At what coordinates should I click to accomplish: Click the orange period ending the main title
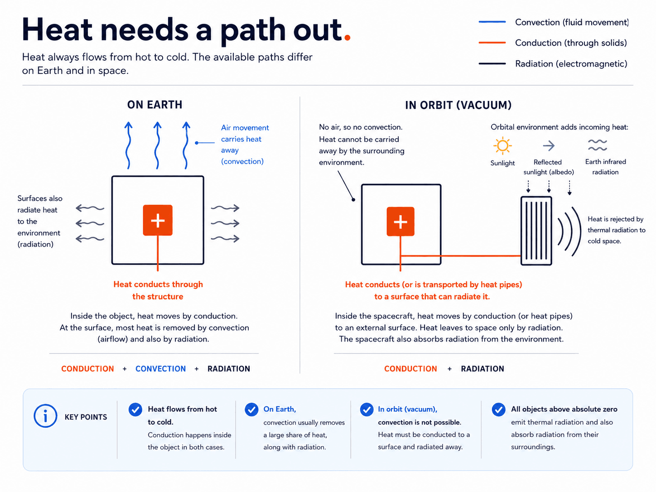pyautogui.click(x=347, y=37)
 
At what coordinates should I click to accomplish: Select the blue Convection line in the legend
pyautogui.click(x=492, y=22)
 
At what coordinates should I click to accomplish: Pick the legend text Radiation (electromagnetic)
pyautogui.click(x=571, y=63)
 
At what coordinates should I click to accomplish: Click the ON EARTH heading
pyautogui.click(x=154, y=105)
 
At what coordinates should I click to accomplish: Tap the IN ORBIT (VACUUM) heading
pyautogui.click(x=458, y=105)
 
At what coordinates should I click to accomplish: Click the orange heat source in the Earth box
pyautogui.click(x=158, y=220)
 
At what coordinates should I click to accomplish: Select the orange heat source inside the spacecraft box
pyautogui.click(x=400, y=222)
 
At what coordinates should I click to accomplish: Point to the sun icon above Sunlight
pyautogui.click(x=502, y=146)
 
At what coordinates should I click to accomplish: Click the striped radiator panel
pyautogui.click(x=536, y=231)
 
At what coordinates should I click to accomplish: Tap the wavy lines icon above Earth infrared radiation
pyautogui.click(x=598, y=145)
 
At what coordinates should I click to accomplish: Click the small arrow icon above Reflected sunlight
pyautogui.click(x=549, y=146)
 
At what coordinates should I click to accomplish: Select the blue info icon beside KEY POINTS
pyautogui.click(x=45, y=416)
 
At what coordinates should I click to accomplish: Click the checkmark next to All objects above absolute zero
pyautogui.click(x=498, y=410)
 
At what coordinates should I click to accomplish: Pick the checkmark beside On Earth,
pyautogui.click(x=251, y=410)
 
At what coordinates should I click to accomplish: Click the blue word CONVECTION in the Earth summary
pyautogui.click(x=160, y=369)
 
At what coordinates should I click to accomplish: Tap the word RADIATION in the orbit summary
pyautogui.click(x=482, y=369)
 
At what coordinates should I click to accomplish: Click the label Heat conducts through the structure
pyautogui.click(x=158, y=290)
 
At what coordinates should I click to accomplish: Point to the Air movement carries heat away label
pyautogui.click(x=245, y=145)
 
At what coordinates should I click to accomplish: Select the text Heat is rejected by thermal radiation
pyautogui.click(x=616, y=230)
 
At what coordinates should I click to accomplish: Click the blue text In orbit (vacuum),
pyautogui.click(x=407, y=409)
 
